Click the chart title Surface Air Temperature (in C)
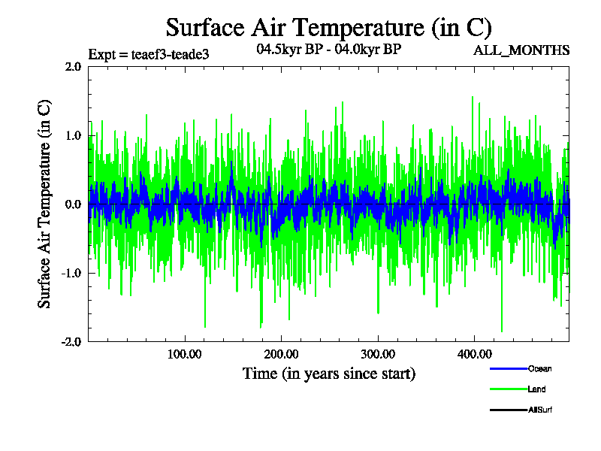click(x=328, y=28)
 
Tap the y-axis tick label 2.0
click(x=73, y=66)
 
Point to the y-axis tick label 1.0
click(x=73, y=135)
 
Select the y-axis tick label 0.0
click(x=73, y=204)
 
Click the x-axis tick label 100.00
click(x=184, y=354)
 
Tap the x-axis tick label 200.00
click(x=280, y=354)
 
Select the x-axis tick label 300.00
click(x=377, y=354)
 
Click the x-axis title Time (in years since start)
click(x=328, y=373)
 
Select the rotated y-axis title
click(x=44, y=204)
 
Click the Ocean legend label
click(x=540, y=368)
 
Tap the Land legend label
click(x=536, y=389)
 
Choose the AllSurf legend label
click(x=540, y=410)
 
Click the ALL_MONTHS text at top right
click(x=521, y=51)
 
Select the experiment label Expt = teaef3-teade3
click(x=148, y=54)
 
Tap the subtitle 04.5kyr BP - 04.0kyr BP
click(x=328, y=50)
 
